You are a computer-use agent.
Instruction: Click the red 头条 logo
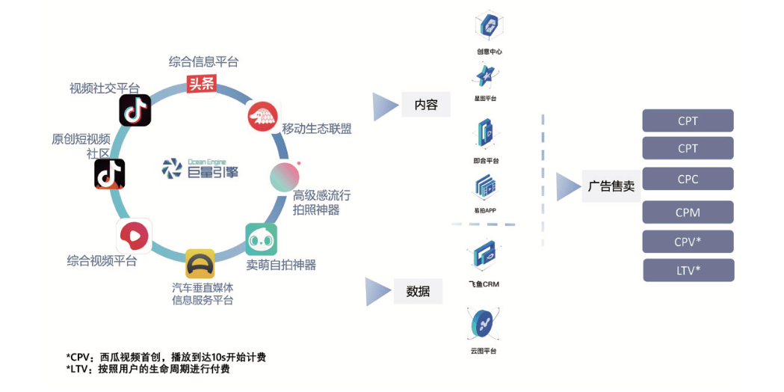coord(201,85)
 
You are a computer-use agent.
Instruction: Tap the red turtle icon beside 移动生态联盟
coord(262,116)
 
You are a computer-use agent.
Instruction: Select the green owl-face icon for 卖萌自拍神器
coord(261,239)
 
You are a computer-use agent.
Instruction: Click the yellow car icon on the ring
coord(200,264)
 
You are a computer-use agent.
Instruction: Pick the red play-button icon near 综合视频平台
coord(134,236)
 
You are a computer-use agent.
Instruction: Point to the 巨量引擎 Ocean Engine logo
coord(200,169)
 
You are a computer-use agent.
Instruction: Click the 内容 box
coord(426,105)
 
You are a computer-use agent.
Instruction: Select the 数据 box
coord(418,291)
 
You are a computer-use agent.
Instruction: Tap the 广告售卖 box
coord(611,186)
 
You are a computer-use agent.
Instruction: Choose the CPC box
coord(688,180)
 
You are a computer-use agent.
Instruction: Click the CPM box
coord(688,212)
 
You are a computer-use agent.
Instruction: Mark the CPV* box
coord(688,242)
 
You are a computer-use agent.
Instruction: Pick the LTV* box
coord(688,270)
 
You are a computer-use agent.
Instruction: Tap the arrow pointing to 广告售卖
coord(567,186)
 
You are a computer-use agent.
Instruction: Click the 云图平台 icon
coord(484,325)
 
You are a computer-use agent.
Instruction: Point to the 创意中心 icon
coord(490,27)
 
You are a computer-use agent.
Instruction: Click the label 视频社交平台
coord(105,88)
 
